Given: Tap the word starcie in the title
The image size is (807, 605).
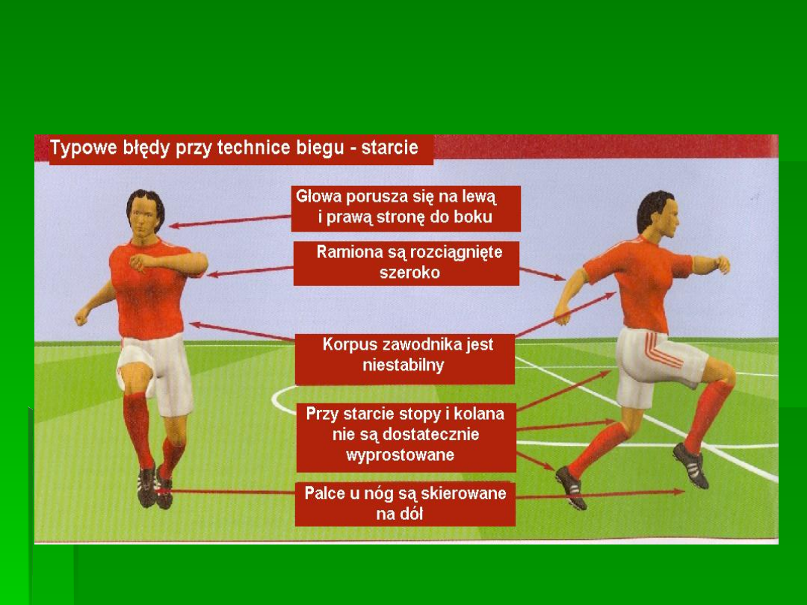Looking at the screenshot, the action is (x=389, y=148).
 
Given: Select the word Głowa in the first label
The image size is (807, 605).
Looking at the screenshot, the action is (x=318, y=196).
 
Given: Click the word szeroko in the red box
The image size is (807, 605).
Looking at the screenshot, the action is (x=409, y=272).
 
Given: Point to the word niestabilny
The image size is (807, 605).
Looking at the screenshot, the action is (x=403, y=365).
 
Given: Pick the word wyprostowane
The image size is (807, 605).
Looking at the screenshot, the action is (x=400, y=456).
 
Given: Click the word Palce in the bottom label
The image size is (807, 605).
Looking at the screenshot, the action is (x=325, y=493).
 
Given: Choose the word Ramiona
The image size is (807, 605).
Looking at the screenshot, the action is (x=346, y=252).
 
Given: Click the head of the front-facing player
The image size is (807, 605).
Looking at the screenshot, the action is (x=146, y=214).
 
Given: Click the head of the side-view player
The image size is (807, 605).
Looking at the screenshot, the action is (x=658, y=214).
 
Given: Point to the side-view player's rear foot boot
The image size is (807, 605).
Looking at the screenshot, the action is (x=572, y=487).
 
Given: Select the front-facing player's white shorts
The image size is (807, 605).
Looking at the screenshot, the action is (x=155, y=373).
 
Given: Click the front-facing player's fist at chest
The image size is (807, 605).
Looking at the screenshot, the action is (x=138, y=262).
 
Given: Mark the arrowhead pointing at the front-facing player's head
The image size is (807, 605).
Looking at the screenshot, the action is (x=173, y=226).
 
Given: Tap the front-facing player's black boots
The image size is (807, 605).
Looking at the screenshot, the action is (x=155, y=487).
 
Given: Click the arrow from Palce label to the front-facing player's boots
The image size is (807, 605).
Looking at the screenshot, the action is (x=227, y=491).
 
